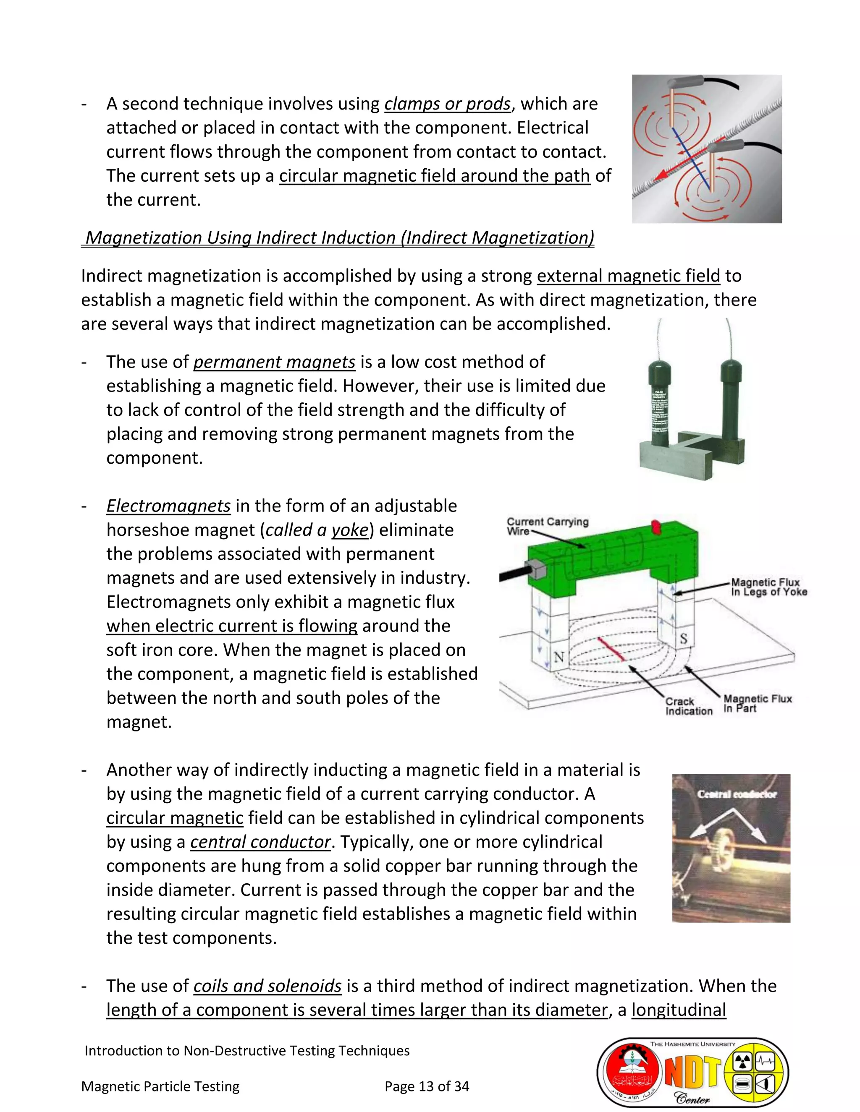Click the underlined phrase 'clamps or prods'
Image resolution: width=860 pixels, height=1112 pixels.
coord(447,104)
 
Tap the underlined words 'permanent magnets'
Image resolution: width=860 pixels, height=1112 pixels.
coord(274,362)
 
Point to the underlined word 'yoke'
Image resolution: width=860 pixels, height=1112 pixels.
coord(349,530)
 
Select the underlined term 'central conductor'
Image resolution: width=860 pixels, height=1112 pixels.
coord(260,842)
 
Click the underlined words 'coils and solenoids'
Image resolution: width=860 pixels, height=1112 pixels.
coord(267,986)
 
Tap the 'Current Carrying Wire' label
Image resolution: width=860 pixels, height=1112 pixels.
coord(547,526)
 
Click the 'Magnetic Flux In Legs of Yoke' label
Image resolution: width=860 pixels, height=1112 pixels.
coord(768,587)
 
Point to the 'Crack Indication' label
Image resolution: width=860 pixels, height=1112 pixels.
coord(688,706)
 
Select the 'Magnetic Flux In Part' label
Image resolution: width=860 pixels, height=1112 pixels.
coord(757,704)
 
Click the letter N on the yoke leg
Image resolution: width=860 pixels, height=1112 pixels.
coord(559,657)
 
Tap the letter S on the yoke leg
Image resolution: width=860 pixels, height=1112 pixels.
coord(683,639)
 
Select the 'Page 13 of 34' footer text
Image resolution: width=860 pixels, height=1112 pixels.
coord(427,1086)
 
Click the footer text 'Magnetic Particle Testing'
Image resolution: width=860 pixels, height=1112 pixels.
coord(160,1086)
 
